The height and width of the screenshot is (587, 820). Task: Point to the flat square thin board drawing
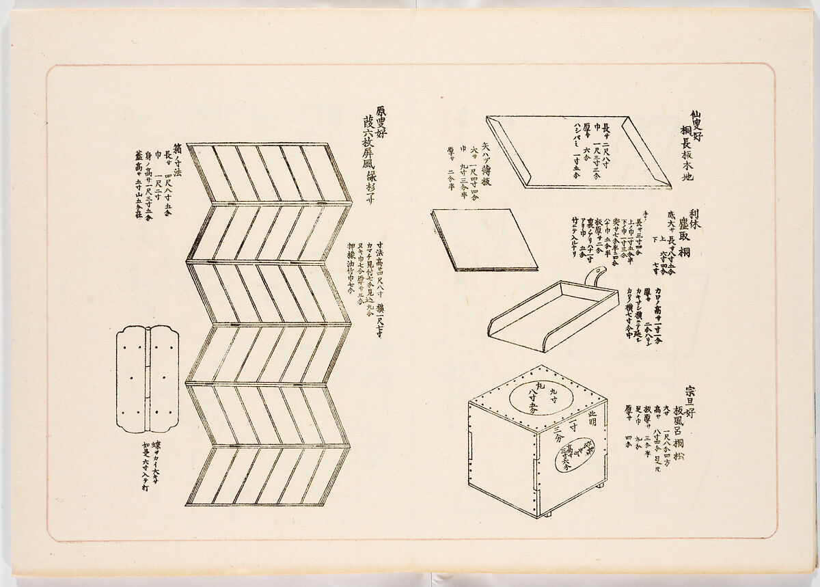[x=483, y=239]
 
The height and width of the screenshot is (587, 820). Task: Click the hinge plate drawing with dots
[x=148, y=379]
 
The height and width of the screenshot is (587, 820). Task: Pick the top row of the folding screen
[x=269, y=173]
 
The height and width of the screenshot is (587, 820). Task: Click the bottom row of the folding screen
[x=268, y=476]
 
